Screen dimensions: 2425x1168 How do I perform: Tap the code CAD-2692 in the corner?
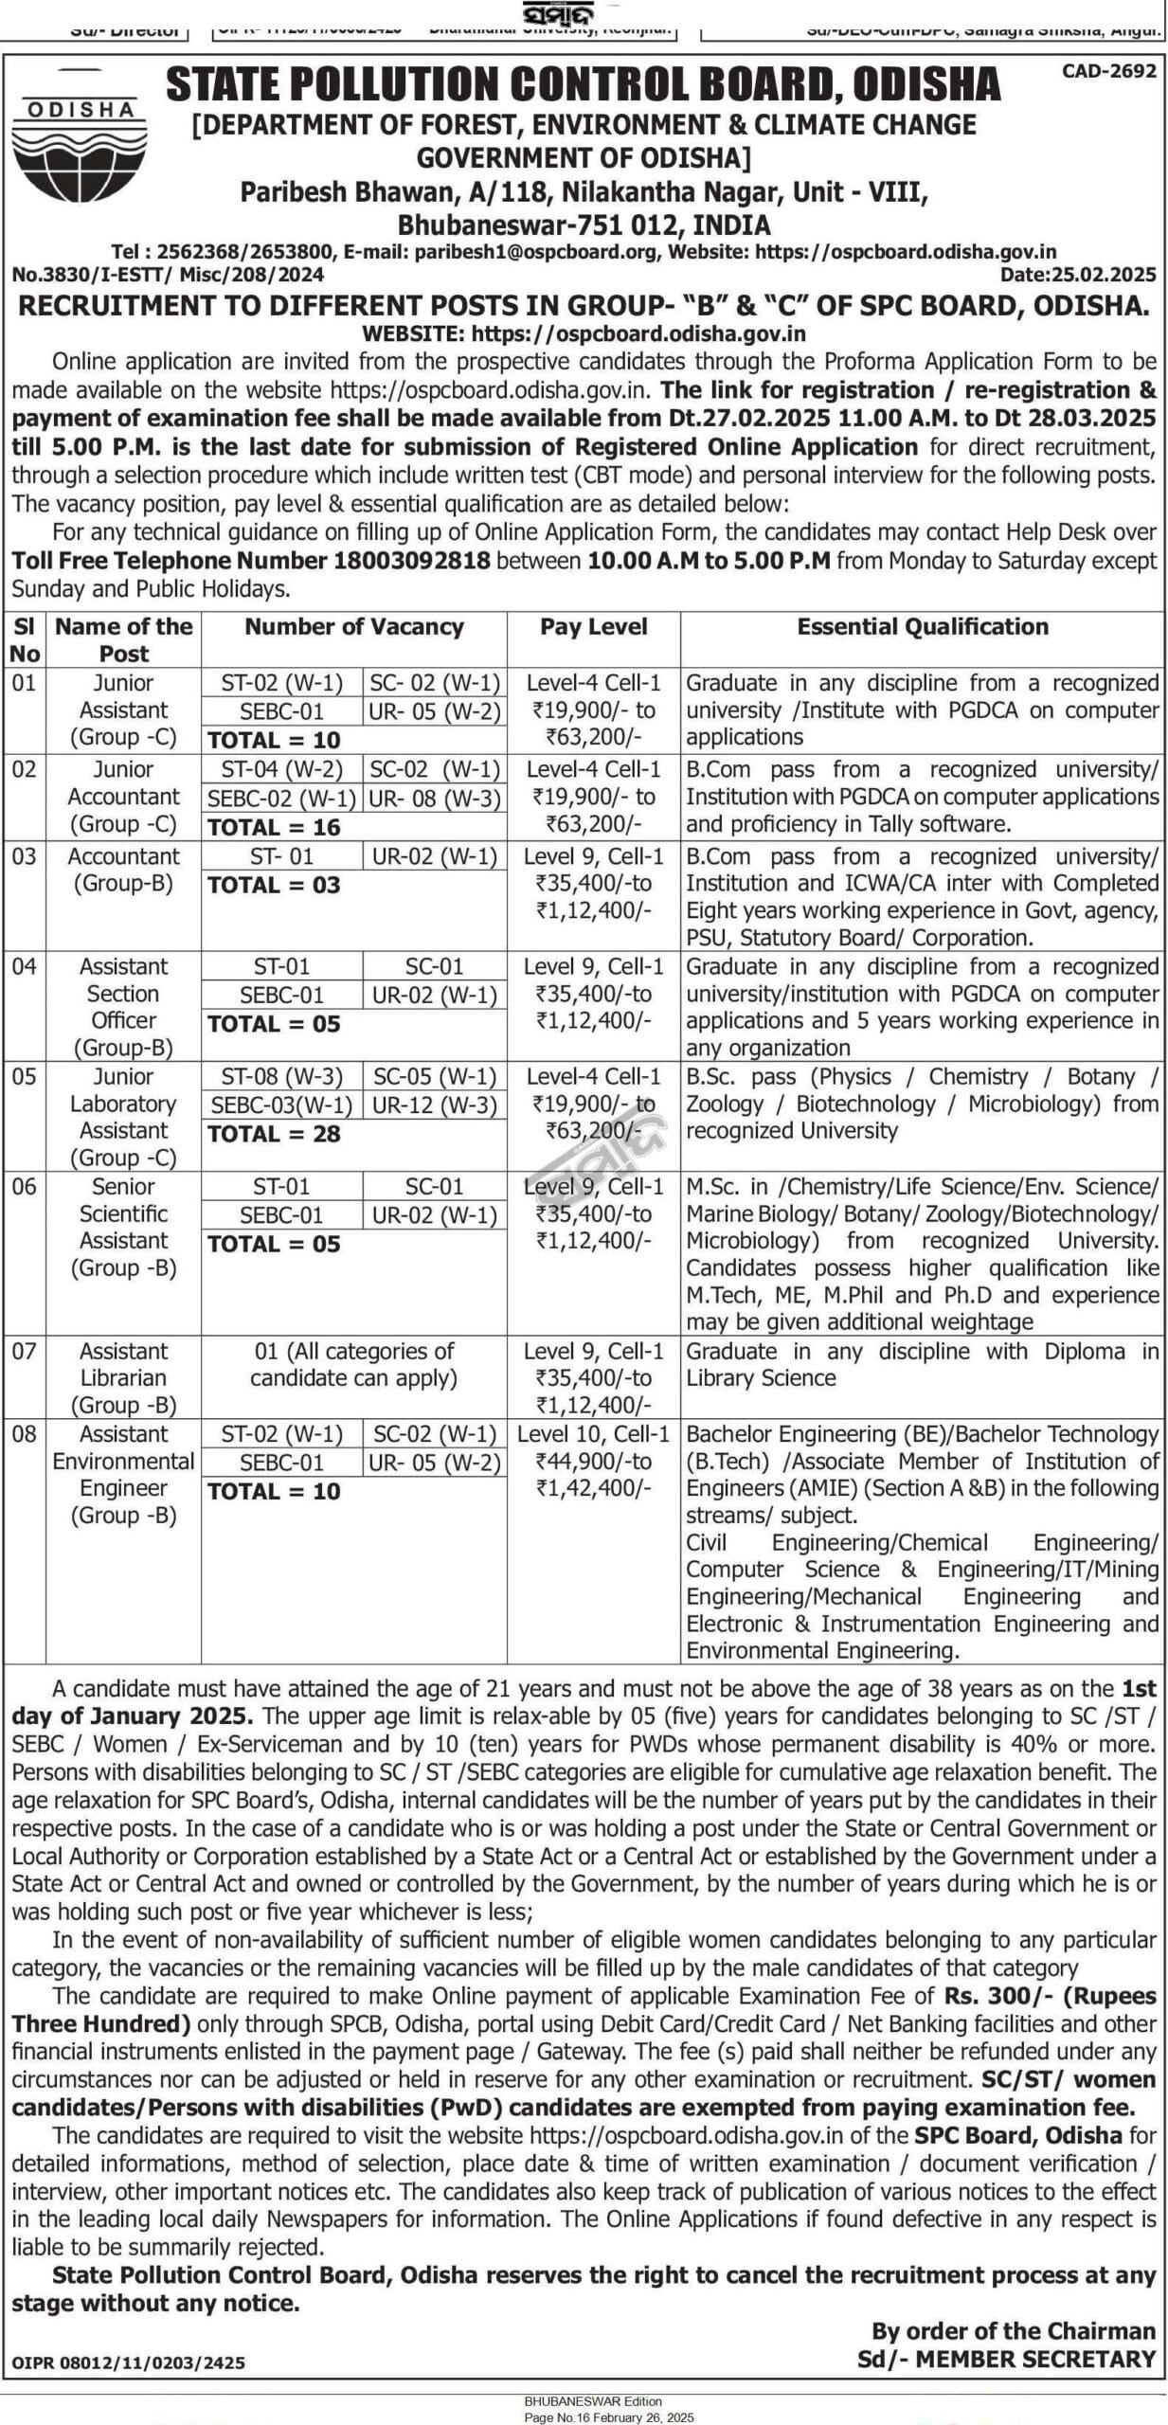[x=1108, y=71]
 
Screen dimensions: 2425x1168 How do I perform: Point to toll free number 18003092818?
[x=411, y=560]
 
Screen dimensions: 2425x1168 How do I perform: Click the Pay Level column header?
[x=593, y=626]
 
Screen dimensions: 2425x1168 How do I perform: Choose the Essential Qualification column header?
[x=922, y=626]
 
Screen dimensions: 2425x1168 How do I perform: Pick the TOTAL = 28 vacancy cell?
[x=274, y=1134]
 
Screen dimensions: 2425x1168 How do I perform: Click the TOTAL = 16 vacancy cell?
[x=274, y=827]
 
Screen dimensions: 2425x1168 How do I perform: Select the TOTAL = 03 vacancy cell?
[x=274, y=885]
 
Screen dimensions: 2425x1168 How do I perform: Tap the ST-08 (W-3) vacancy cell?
[x=281, y=1076]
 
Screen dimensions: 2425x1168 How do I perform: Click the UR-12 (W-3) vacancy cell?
[x=434, y=1105]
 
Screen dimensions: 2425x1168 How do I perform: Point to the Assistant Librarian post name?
[x=123, y=1377]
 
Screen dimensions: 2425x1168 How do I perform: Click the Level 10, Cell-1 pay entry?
[x=593, y=1433]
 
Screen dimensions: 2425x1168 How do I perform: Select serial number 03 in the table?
[x=24, y=856]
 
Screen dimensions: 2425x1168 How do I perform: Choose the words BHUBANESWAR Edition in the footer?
[x=593, y=2400]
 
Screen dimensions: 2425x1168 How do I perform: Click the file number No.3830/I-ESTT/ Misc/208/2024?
[x=168, y=275]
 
